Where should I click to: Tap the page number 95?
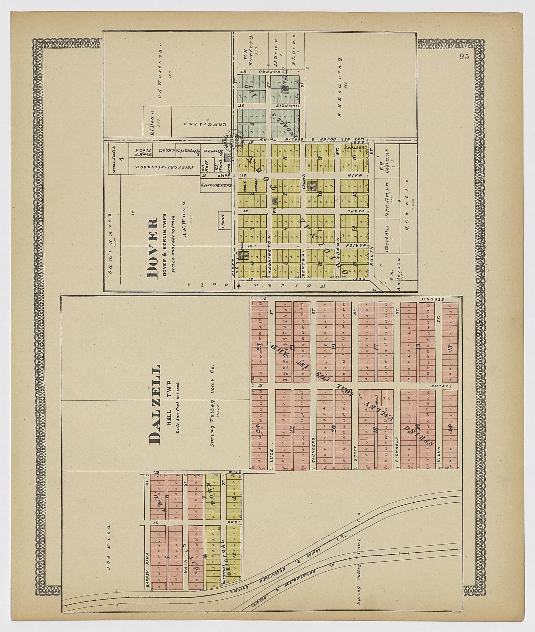pyautogui.click(x=464, y=56)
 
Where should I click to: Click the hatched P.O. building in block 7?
pyautogui.click(x=275, y=200)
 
